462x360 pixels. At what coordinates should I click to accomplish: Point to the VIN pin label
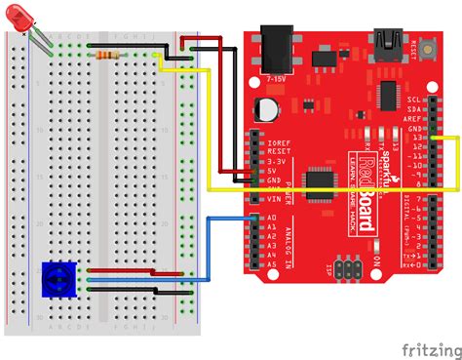tap(274, 198)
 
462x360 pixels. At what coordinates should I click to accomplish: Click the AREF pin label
tap(413, 118)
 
